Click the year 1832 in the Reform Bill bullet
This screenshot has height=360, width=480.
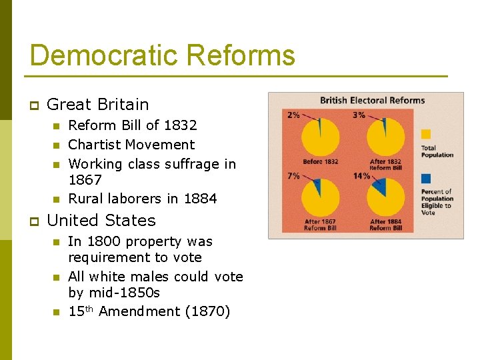click(181, 125)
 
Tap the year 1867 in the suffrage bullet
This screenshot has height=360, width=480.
click(85, 180)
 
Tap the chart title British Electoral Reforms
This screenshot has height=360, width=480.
click(372, 101)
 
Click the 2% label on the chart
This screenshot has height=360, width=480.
click(293, 115)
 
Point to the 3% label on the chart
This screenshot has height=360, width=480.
click(359, 115)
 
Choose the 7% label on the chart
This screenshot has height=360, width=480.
click(293, 176)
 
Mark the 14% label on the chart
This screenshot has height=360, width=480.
click(361, 176)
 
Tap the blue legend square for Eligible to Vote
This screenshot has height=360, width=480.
click(427, 179)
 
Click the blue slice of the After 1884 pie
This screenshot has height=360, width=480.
click(380, 187)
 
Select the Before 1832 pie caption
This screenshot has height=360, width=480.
click(321, 162)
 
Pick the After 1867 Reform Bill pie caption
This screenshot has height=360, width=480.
click(321, 225)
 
